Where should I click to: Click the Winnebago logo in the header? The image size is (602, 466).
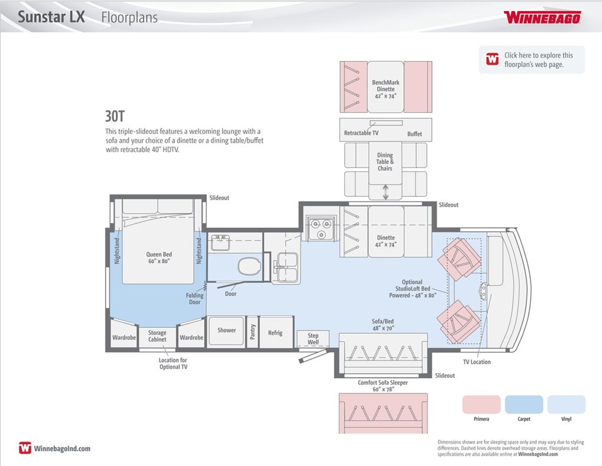(x=542, y=17)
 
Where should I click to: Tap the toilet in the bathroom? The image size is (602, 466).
(x=249, y=266)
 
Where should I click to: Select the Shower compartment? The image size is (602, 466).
(x=226, y=331)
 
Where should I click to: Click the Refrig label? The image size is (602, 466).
(x=275, y=332)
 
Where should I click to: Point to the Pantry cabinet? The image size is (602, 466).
(x=252, y=332)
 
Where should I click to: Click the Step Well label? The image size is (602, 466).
(x=313, y=339)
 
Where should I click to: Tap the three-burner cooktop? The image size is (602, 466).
(x=321, y=228)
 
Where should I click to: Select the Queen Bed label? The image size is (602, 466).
(x=159, y=257)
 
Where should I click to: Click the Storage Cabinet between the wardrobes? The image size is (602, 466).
(x=157, y=337)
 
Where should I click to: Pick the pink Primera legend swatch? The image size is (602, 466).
(x=481, y=404)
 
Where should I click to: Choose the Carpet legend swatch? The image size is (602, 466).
(x=523, y=404)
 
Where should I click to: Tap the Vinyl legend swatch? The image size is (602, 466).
(x=566, y=404)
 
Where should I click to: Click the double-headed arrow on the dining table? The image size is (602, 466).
(x=385, y=192)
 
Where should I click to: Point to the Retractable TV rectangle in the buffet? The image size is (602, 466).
(x=386, y=123)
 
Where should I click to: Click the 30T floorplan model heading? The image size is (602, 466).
(x=115, y=116)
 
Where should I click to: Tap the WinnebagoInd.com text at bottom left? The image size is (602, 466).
(x=62, y=448)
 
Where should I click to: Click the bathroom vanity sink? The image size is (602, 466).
(x=220, y=243)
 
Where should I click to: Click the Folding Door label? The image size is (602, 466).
(x=194, y=299)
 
